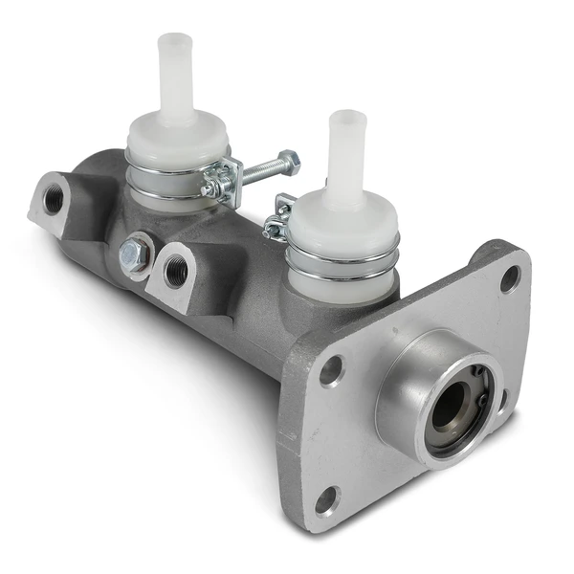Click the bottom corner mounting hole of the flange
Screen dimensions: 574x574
pyautogui.click(x=327, y=497)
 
